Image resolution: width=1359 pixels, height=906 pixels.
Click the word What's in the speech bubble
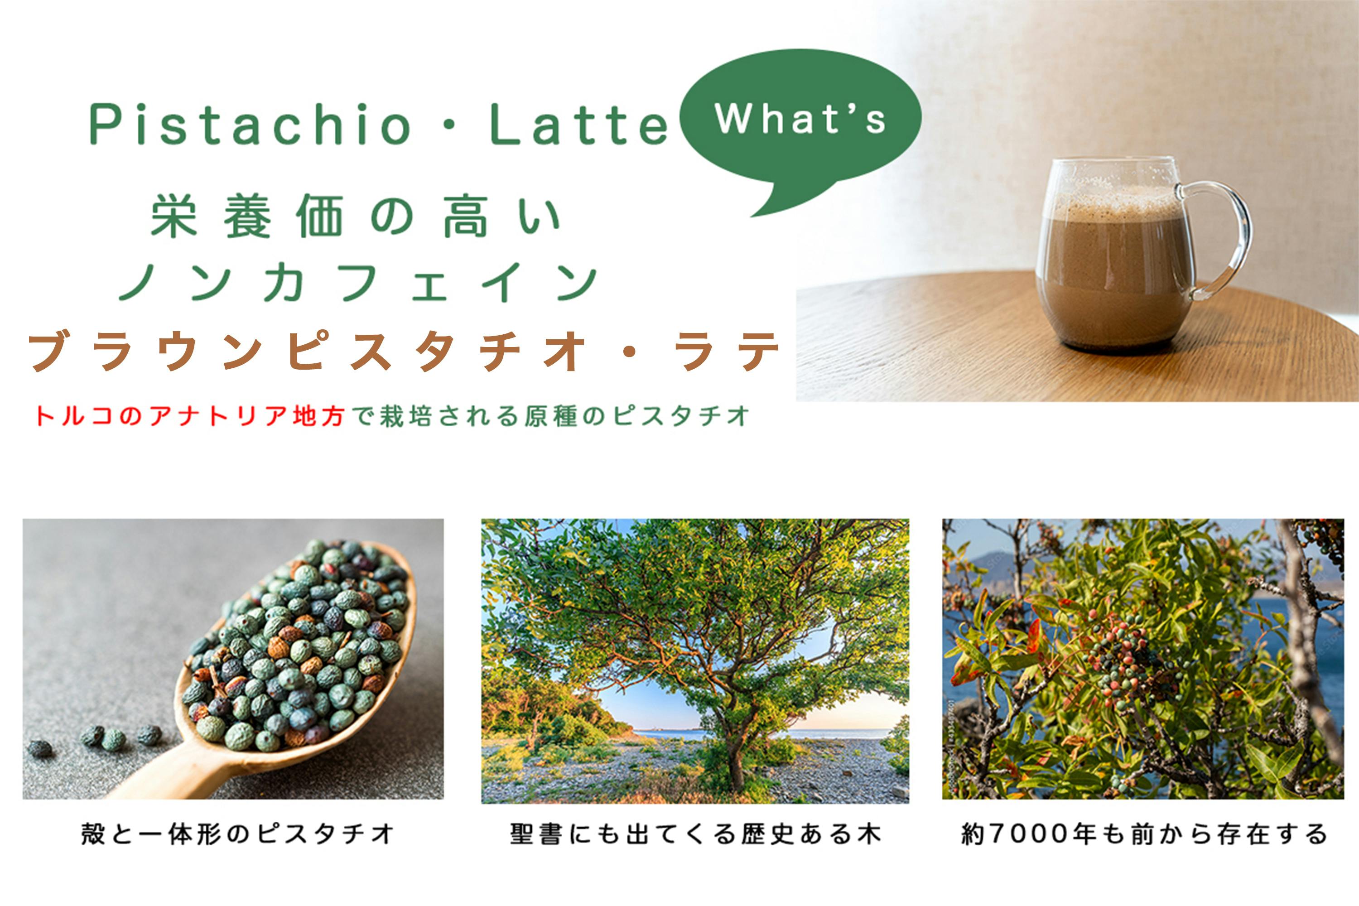[800, 119]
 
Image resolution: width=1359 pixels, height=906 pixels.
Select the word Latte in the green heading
[578, 125]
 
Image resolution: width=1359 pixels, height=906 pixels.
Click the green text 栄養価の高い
[355, 216]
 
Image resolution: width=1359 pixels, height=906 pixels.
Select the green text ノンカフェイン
[358, 283]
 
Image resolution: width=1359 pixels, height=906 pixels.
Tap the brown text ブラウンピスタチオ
[306, 350]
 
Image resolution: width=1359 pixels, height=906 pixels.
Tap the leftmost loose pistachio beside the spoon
[40, 749]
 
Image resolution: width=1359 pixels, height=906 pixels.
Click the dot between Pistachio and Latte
[450, 125]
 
